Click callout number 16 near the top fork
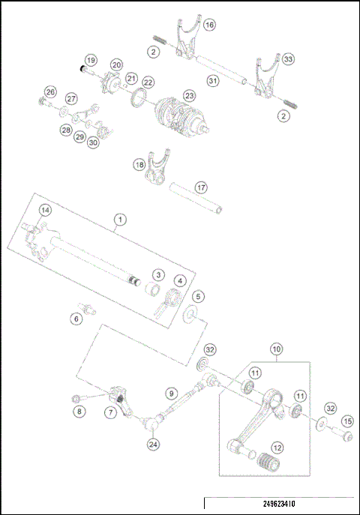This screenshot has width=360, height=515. coord(209,25)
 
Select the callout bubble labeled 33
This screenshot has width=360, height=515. coord(288,58)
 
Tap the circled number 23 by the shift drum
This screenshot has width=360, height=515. coord(188,96)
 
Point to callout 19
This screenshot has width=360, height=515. coord(90,60)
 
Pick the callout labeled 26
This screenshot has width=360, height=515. coord(49,91)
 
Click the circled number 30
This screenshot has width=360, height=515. coord(93,142)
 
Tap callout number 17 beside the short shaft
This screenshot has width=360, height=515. coord(200,187)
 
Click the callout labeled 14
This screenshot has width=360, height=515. coord(45,210)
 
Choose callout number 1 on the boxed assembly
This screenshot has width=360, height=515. coord(118,219)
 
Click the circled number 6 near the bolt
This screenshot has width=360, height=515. coord(76,319)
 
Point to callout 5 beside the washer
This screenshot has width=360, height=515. coord(199,296)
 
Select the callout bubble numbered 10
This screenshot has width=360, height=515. coord(277,349)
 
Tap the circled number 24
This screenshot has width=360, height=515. coord(153,444)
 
